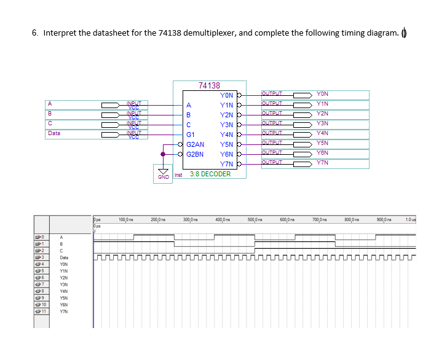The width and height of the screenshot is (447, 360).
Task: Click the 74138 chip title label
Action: [x=210, y=86]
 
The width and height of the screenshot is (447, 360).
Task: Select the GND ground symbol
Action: [x=163, y=173]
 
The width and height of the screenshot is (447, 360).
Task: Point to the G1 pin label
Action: [x=191, y=134]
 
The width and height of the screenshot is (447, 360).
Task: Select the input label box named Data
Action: [x=55, y=132]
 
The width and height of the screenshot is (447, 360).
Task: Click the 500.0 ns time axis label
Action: [x=255, y=219]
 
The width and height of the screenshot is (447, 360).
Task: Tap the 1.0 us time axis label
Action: [x=411, y=219]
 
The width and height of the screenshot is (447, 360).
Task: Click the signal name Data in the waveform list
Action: [x=64, y=257]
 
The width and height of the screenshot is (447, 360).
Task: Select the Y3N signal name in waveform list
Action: [x=64, y=284]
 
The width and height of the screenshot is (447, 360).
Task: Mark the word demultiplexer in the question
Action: [x=209, y=33]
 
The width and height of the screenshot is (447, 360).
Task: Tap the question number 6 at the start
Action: [x=34, y=33]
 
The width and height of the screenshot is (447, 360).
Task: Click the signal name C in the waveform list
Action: [x=61, y=251]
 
